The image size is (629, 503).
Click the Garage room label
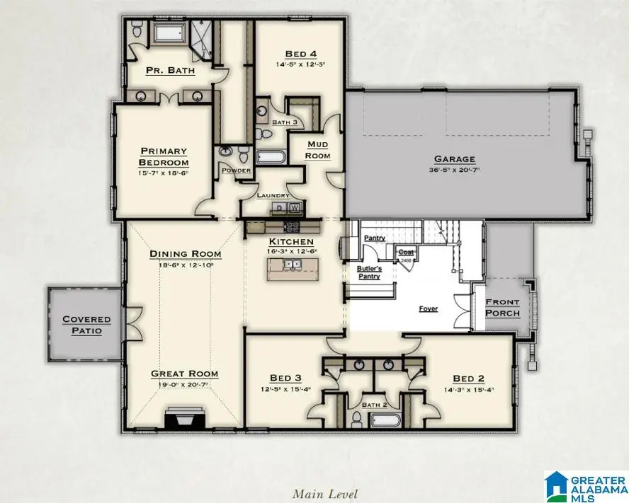pos(455,159)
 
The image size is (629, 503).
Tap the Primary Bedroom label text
pos(164,156)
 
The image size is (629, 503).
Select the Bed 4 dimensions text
pos(300,64)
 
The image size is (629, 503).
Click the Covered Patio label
pos(86,325)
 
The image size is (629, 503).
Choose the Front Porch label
pos(502,307)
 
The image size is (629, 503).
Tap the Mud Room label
pos(317,149)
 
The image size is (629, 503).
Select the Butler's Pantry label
pos(369,272)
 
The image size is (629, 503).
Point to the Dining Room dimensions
pos(185,265)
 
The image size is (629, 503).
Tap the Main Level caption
pos(325,494)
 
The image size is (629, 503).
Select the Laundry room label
pos(272,195)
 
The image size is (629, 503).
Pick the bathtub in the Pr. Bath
pos(168,33)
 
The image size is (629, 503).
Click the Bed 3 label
pos(285,377)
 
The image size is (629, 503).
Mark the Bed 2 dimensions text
pos(470,388)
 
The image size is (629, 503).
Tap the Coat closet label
pos(407,251)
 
